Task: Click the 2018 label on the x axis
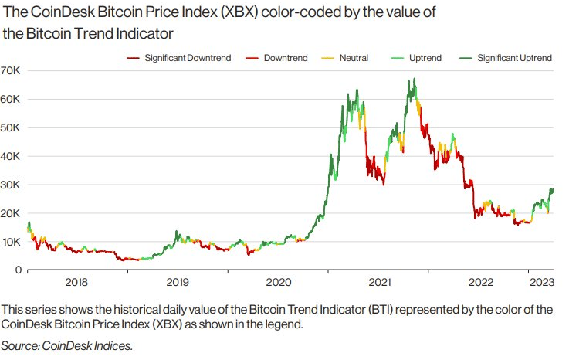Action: (77, 283)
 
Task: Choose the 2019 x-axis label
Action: (178, 283)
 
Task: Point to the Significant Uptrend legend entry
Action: (514, 58)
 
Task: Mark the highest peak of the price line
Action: (415, 78)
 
